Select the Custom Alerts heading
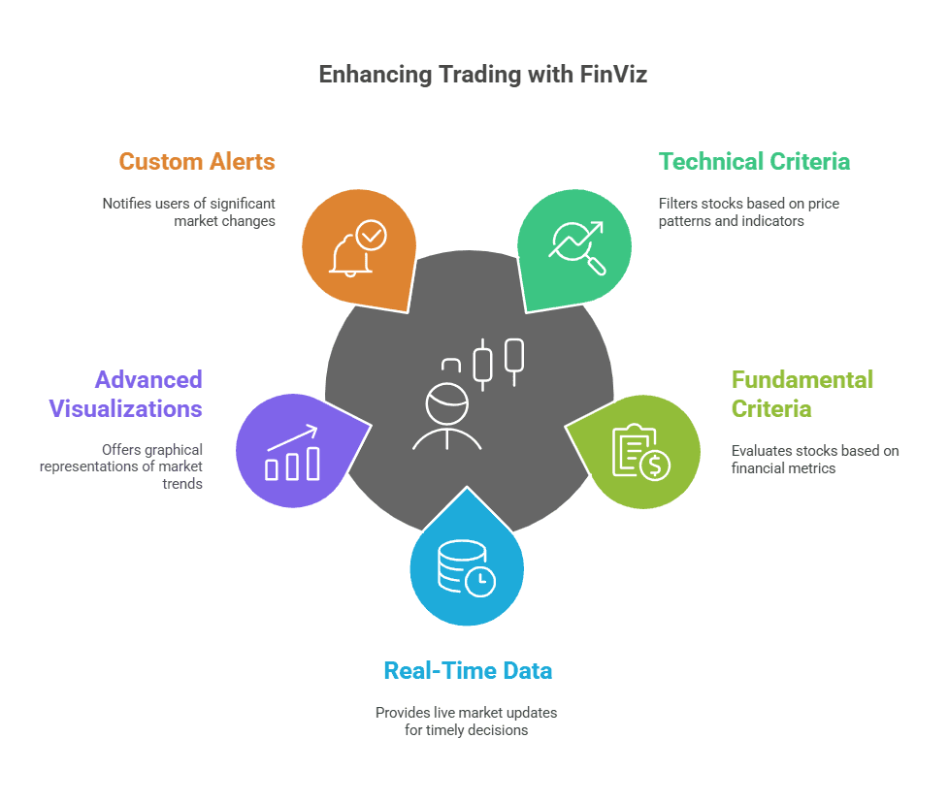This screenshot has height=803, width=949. click(x=197, y=161)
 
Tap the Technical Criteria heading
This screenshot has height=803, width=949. click(x=754, y=161)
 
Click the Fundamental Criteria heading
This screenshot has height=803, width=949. click(x=788, y=393)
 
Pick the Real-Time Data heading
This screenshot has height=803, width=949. click(x=468, y=670)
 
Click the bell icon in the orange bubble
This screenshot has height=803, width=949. click(x=350, y=255)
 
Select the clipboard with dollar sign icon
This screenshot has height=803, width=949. click(x=640, y=452)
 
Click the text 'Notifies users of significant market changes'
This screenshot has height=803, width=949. click(x=189, y=212)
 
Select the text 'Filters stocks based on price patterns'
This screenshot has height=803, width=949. click(x=748, y=212)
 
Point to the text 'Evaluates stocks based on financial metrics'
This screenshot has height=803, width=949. click(x=815, y=460)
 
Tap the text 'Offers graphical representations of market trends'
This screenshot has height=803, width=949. click(x=121, y=466)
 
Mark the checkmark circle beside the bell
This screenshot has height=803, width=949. click(x=371, y=236)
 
